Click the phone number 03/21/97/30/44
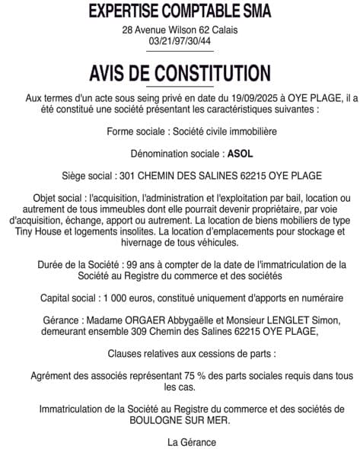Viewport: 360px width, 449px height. coord(180,41)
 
